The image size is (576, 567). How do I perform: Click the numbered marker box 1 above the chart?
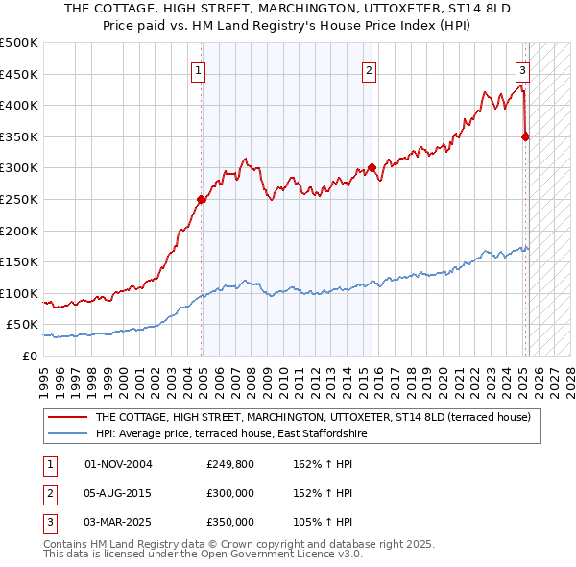[x=198, y=69]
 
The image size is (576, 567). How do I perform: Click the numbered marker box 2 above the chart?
[x=369, y=69]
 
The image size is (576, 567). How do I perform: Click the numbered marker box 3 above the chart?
[x=522, y=69]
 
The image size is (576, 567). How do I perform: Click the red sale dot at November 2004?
[x=202, y=200]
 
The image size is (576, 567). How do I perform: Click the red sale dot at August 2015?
[x=372, y=168]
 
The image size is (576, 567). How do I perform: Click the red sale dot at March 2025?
[x=525, y=136]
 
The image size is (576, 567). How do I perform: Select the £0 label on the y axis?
[x=29, y=356]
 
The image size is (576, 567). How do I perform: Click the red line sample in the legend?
[x=67, y=418]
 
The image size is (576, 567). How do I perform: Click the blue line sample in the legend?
[x=67, y=434]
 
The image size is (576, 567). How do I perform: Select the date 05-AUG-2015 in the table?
[x=118, y=493]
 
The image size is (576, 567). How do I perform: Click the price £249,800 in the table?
[x=230, y=464]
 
